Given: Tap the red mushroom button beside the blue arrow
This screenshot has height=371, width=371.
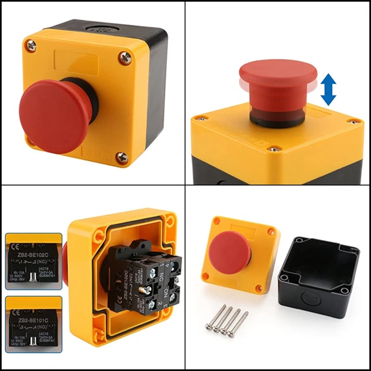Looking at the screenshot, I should (278, 81).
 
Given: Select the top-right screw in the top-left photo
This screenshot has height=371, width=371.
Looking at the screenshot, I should (125, 57).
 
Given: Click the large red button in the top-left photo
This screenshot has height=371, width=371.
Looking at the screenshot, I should (53, 116).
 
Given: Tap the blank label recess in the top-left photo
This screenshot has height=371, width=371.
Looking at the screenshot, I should (81, 60).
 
